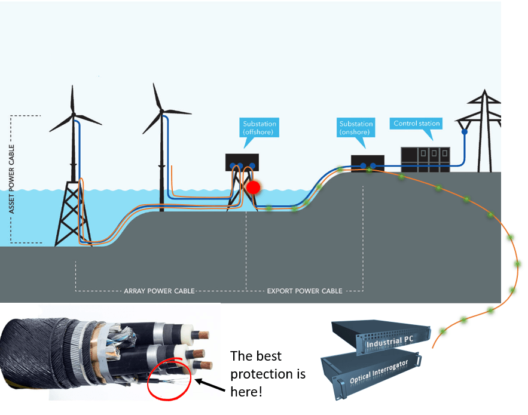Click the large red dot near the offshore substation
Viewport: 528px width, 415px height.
pyautogui.click(x=254, y=187)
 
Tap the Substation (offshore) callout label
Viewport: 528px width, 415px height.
pyautogui.click(x=260, y=127)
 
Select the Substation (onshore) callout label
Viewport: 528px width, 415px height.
pyautogui.click(x=356, y=127)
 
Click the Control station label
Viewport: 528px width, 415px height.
pyautogui.click(x=416, y=124)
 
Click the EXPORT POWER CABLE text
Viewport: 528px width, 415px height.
pyautogui.click(x=304, y=291)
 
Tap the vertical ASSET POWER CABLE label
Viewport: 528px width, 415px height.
pyautogui.click(x=13, y=179)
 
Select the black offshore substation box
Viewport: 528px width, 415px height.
pyautogui.click(x=242, y=162)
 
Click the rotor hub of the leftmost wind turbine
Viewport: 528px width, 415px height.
pyautogui.click(x=74, y=113)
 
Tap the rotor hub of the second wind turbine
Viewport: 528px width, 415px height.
pyautogui.click(x=163, y=110)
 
